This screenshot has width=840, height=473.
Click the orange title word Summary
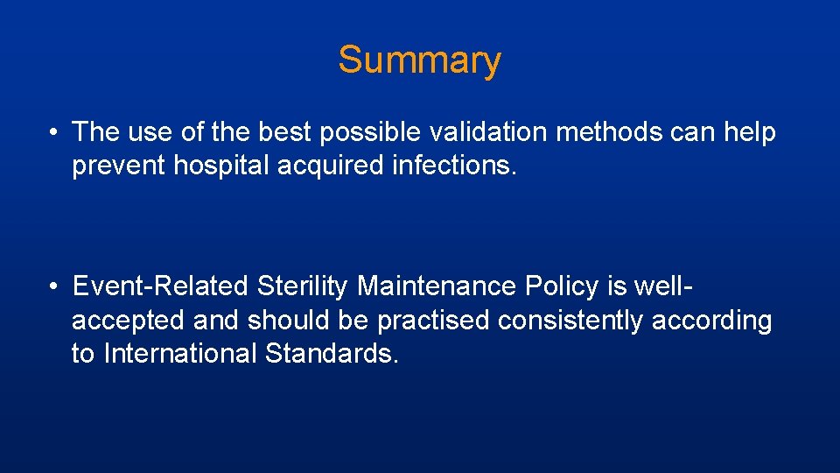coord(419,60)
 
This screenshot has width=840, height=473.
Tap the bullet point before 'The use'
coord(54,133)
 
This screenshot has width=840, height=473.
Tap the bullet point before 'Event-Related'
coord(54,287)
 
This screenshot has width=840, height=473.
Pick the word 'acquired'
coord(334,166)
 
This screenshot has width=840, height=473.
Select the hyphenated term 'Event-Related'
coord(161,286)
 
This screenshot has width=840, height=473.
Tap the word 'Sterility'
coord(303,286)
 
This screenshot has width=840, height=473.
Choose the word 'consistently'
coord(570,321)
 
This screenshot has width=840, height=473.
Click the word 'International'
coord(179,355)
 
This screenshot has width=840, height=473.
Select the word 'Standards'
coord(332,355)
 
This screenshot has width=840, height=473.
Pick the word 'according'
coord(712,321)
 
